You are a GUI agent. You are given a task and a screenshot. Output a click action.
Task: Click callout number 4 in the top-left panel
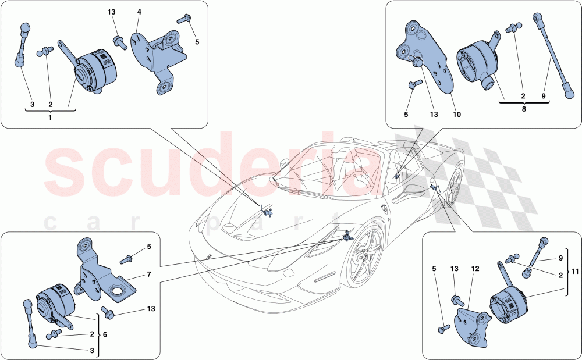[x=139, y=12]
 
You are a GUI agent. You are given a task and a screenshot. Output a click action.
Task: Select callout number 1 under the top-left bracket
[x=50, y=117]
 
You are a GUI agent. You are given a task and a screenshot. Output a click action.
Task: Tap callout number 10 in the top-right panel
[x=457, y=115]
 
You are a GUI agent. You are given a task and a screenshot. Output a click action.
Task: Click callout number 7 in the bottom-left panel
[x=148, y=273]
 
